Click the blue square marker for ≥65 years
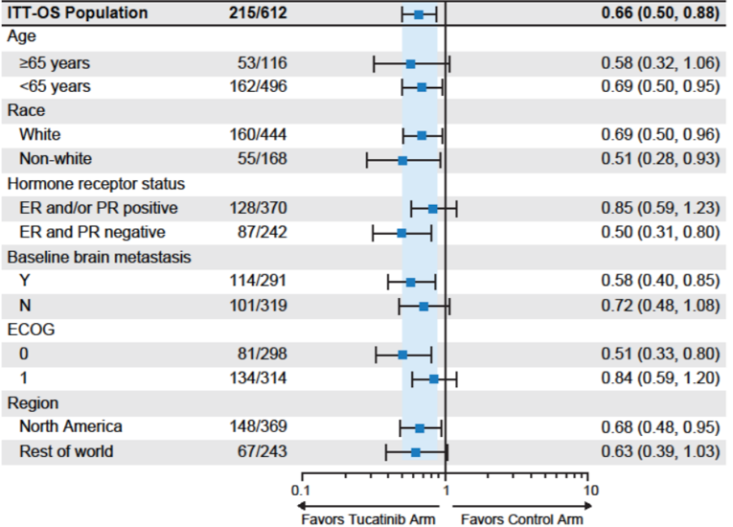pos(410,63)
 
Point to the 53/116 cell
pos(263,63)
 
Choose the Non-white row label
pos(56,159)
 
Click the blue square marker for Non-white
pos(402,160)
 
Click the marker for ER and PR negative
pos(401,233)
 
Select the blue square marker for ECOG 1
pos(433,378)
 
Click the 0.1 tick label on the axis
pos(302,490)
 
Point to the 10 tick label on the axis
pos(591,490)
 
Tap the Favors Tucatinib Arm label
pos(369,518)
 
